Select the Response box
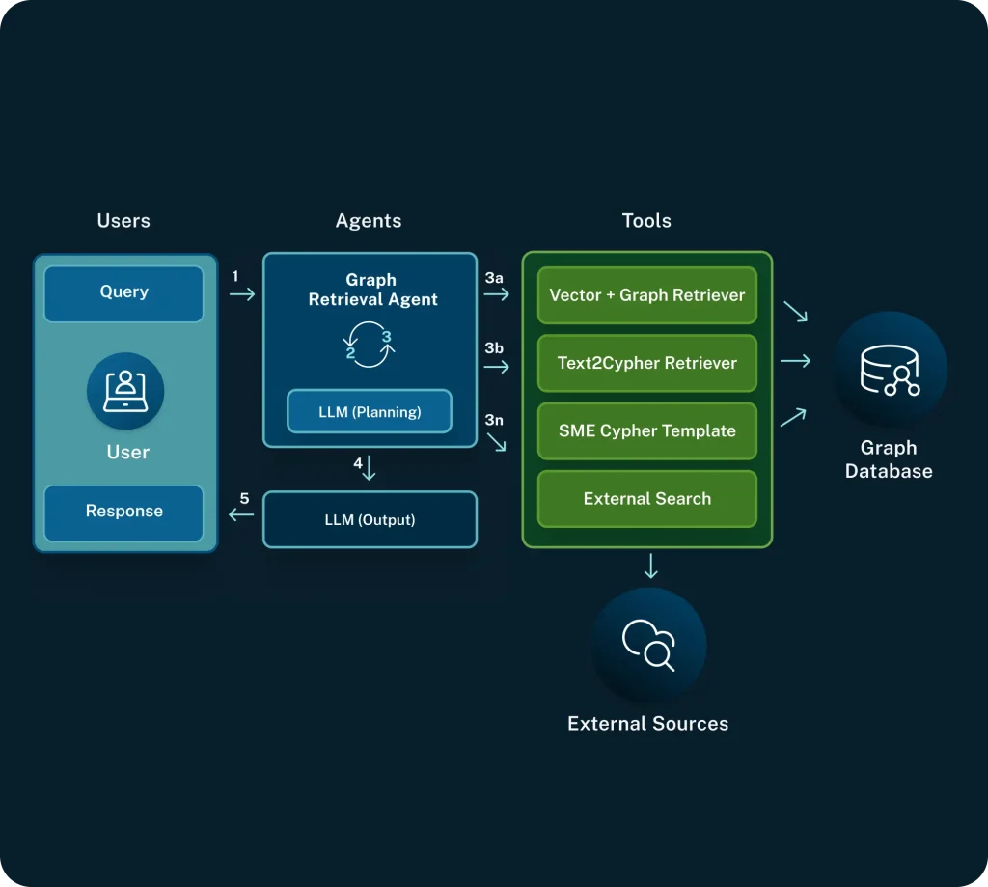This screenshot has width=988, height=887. point(123,512)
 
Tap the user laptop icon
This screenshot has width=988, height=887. point(125,391)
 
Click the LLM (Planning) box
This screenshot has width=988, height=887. point(370,412)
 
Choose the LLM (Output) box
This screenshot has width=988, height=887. point(370,520)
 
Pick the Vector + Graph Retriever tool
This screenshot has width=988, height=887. point(646,295)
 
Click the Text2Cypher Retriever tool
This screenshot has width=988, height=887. point(646,363)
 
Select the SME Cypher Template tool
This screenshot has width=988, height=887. point(646,430)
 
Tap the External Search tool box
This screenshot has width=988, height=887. point(646,499)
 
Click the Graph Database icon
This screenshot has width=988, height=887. point(890,370)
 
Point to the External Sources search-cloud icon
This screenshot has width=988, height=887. point(649,645)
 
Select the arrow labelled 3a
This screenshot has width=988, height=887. point(496,294)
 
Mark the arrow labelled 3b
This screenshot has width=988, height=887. point(496,364)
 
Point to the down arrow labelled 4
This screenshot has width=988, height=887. point(369,470)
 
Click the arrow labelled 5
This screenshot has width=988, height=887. point(241,515)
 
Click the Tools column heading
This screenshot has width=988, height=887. point(646,221)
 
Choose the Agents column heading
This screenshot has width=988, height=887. point(369,221)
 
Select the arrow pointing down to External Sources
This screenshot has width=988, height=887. point(651,566)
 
